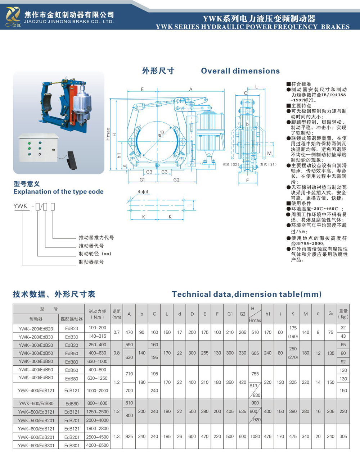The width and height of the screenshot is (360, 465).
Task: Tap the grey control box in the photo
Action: click(x=38, y=147)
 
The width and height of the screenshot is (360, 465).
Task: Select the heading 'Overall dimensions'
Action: click(x=240, y=71)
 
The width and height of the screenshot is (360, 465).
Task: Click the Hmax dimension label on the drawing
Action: click(x=108, y=134)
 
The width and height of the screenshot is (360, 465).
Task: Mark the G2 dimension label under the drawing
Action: click(x=176, y=179)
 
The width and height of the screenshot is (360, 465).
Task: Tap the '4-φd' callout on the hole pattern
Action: click(x=143, y=192)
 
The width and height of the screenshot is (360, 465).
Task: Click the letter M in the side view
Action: click(x=269, y=154)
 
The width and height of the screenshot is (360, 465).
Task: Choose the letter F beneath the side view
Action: click(x=247, y=180)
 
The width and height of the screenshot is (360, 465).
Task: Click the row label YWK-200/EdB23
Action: click(x=36, y=328)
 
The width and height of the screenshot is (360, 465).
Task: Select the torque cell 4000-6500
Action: click(x=98, y=445)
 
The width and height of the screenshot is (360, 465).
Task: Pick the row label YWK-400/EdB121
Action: click(x=36, y=391)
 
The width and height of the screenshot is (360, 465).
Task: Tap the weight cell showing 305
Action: click(x=343, y=437)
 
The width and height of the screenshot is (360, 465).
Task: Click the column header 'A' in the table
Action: click(x=129, y=314)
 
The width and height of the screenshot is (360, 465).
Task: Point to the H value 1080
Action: click(x=255, y=437)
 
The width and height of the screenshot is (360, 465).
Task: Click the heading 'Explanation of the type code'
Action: click(x=58, y=192)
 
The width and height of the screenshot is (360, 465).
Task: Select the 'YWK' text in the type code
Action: click(x=20, y=206)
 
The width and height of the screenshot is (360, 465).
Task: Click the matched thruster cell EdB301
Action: click(x=72, y=445)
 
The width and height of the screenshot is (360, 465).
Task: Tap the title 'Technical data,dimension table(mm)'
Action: click(x=247, y=294)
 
